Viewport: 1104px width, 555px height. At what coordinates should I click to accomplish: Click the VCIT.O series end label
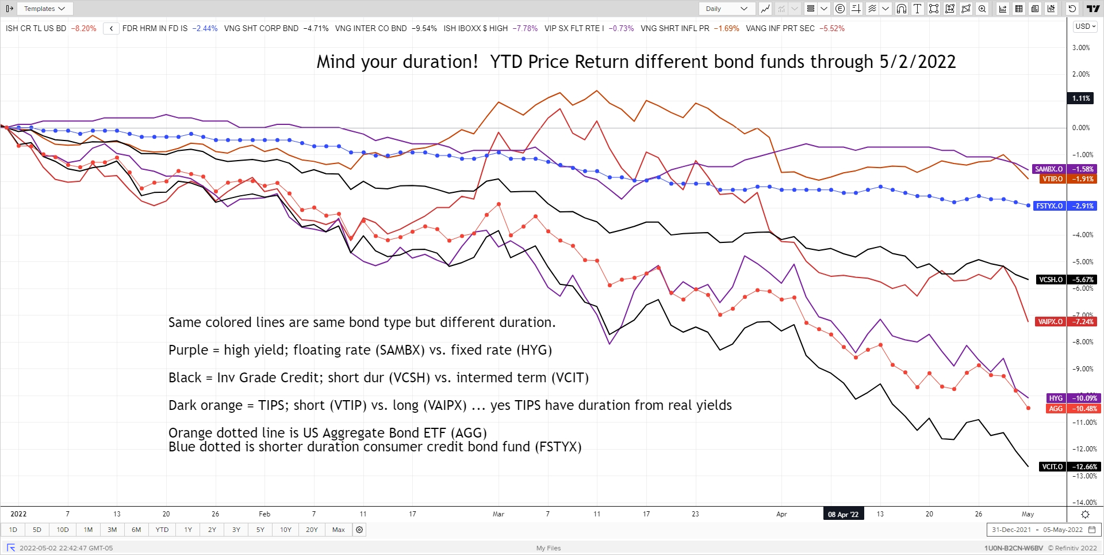(1052, 467)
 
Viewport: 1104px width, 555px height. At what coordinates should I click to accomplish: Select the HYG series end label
(1056, 398)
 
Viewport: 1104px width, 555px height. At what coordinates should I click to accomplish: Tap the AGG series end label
(1056, 409)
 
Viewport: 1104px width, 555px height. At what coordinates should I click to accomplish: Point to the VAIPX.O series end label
(1050, 322)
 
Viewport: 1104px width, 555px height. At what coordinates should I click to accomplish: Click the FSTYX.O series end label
(1049, 206)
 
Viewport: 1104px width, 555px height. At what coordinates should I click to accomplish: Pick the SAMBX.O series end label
(1049, 169)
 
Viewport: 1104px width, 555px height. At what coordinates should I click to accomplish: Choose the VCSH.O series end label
(1051, 280)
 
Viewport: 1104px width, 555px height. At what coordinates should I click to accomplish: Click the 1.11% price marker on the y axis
(1081, 98)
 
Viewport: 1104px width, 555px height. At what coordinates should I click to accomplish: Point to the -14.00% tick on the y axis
(1084, 503)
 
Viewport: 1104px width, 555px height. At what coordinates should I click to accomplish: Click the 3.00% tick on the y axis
(1081, 48)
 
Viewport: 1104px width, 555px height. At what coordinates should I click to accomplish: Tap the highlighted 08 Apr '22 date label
(843, 514)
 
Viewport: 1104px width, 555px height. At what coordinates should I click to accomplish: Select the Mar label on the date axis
(498, 514)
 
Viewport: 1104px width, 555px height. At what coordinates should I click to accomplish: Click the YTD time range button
(162, 530)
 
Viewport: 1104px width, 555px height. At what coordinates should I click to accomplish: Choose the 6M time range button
(136, 530)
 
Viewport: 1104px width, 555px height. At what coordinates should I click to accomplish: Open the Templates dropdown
(44, 9)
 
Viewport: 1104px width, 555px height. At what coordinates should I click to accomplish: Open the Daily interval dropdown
(727, 9)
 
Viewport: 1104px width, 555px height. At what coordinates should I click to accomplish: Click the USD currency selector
(1086, 26)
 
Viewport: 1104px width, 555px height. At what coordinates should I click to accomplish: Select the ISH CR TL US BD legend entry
(36, 28)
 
